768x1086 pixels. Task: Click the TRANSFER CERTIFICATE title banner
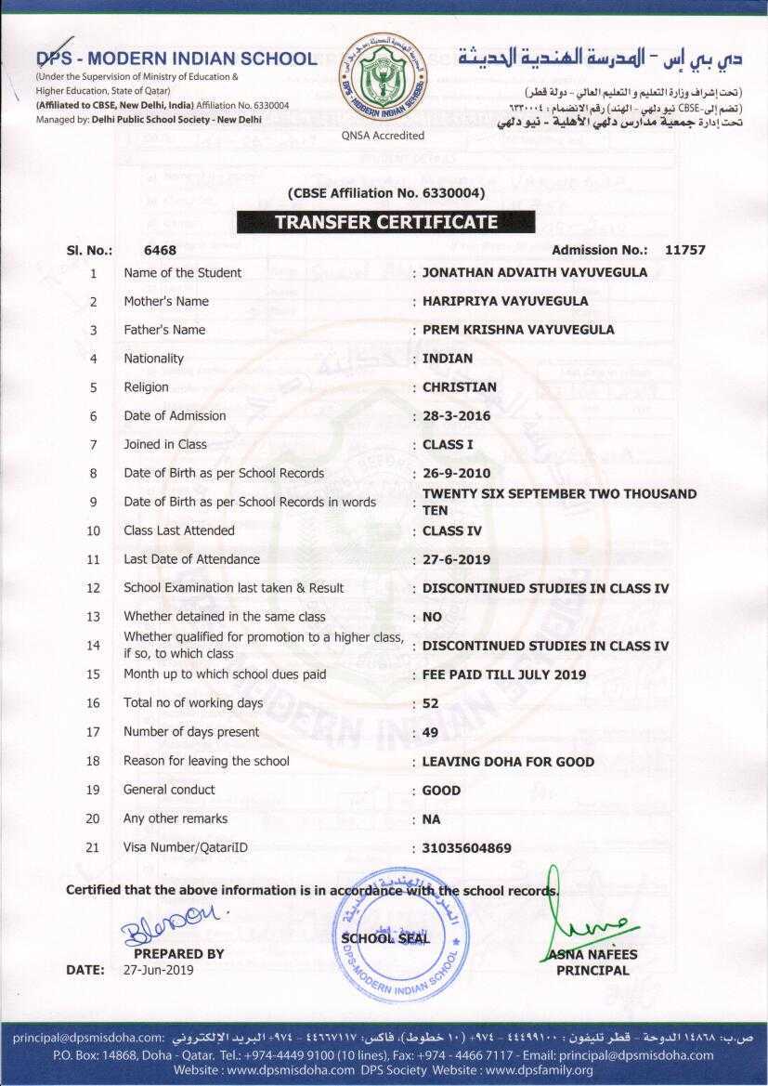(x=385, y=222)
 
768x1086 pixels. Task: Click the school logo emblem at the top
(x=382, y=78)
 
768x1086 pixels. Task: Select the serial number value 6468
(x=160, y=250)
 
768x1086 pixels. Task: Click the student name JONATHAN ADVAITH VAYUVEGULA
(x=534, y=272)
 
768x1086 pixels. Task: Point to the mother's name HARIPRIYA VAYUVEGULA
(x=504, y=301)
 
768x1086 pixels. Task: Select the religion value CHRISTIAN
(x=459, y=386)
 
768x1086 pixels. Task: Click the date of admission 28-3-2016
(x=456, y=415)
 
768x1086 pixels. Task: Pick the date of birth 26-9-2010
(x=456, y=473)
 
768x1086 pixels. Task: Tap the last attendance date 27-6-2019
(x=456, y=559)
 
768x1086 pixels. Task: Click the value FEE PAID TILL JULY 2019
(x=503, y=674)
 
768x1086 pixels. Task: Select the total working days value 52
(x=430, y=703)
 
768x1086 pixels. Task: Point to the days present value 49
(x=430, y=732)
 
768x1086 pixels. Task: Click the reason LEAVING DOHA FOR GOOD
(x=507, y=762)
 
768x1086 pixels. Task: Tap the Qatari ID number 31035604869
(x=466, y=848)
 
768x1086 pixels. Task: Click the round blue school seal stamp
(x=400, y=934)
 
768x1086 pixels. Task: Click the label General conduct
(x=169, y=790)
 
